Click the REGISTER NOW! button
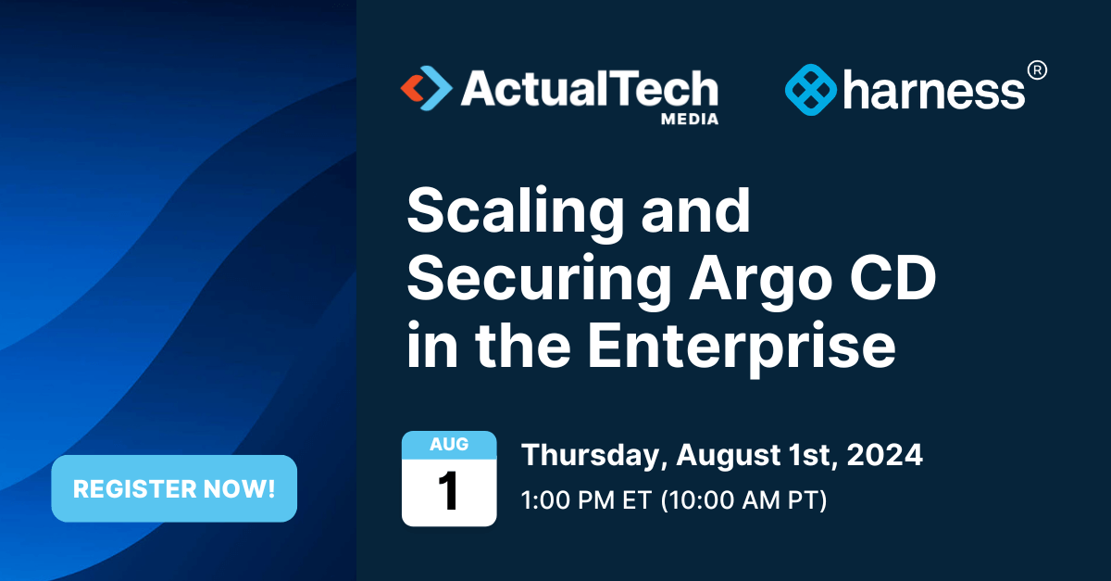pos(174,489)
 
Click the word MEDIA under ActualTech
pos(689,119)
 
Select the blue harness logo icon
pos(810,90)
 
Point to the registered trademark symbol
pos(1038,69)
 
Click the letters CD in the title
pos(890,281)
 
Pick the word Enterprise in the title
pos(742,347)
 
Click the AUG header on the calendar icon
pos(449,445)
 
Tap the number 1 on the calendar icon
pos(449,492)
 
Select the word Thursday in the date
pos(593,456)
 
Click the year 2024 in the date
pos(885,456)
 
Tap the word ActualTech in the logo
pos(589,89)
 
